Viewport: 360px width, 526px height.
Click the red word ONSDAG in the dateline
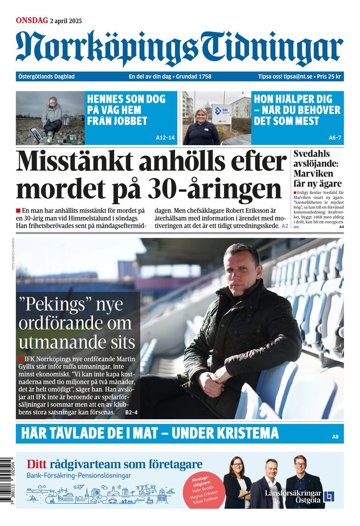click(x=32, y=20)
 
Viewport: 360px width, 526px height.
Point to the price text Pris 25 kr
click(x=329, y=76)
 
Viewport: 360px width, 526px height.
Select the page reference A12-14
click(x=165, y=138)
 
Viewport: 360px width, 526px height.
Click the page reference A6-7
click(x=335, y=138)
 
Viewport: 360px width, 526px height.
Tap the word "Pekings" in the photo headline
click(x=53, y=304)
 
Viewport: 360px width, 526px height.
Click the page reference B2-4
click(x=131, y=412)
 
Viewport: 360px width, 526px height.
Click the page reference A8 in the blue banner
click(x=335, y=437)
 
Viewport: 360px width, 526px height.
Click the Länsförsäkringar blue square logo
click(x=330, y=496)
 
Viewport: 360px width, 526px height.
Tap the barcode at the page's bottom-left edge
click(x=6, y=483)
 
